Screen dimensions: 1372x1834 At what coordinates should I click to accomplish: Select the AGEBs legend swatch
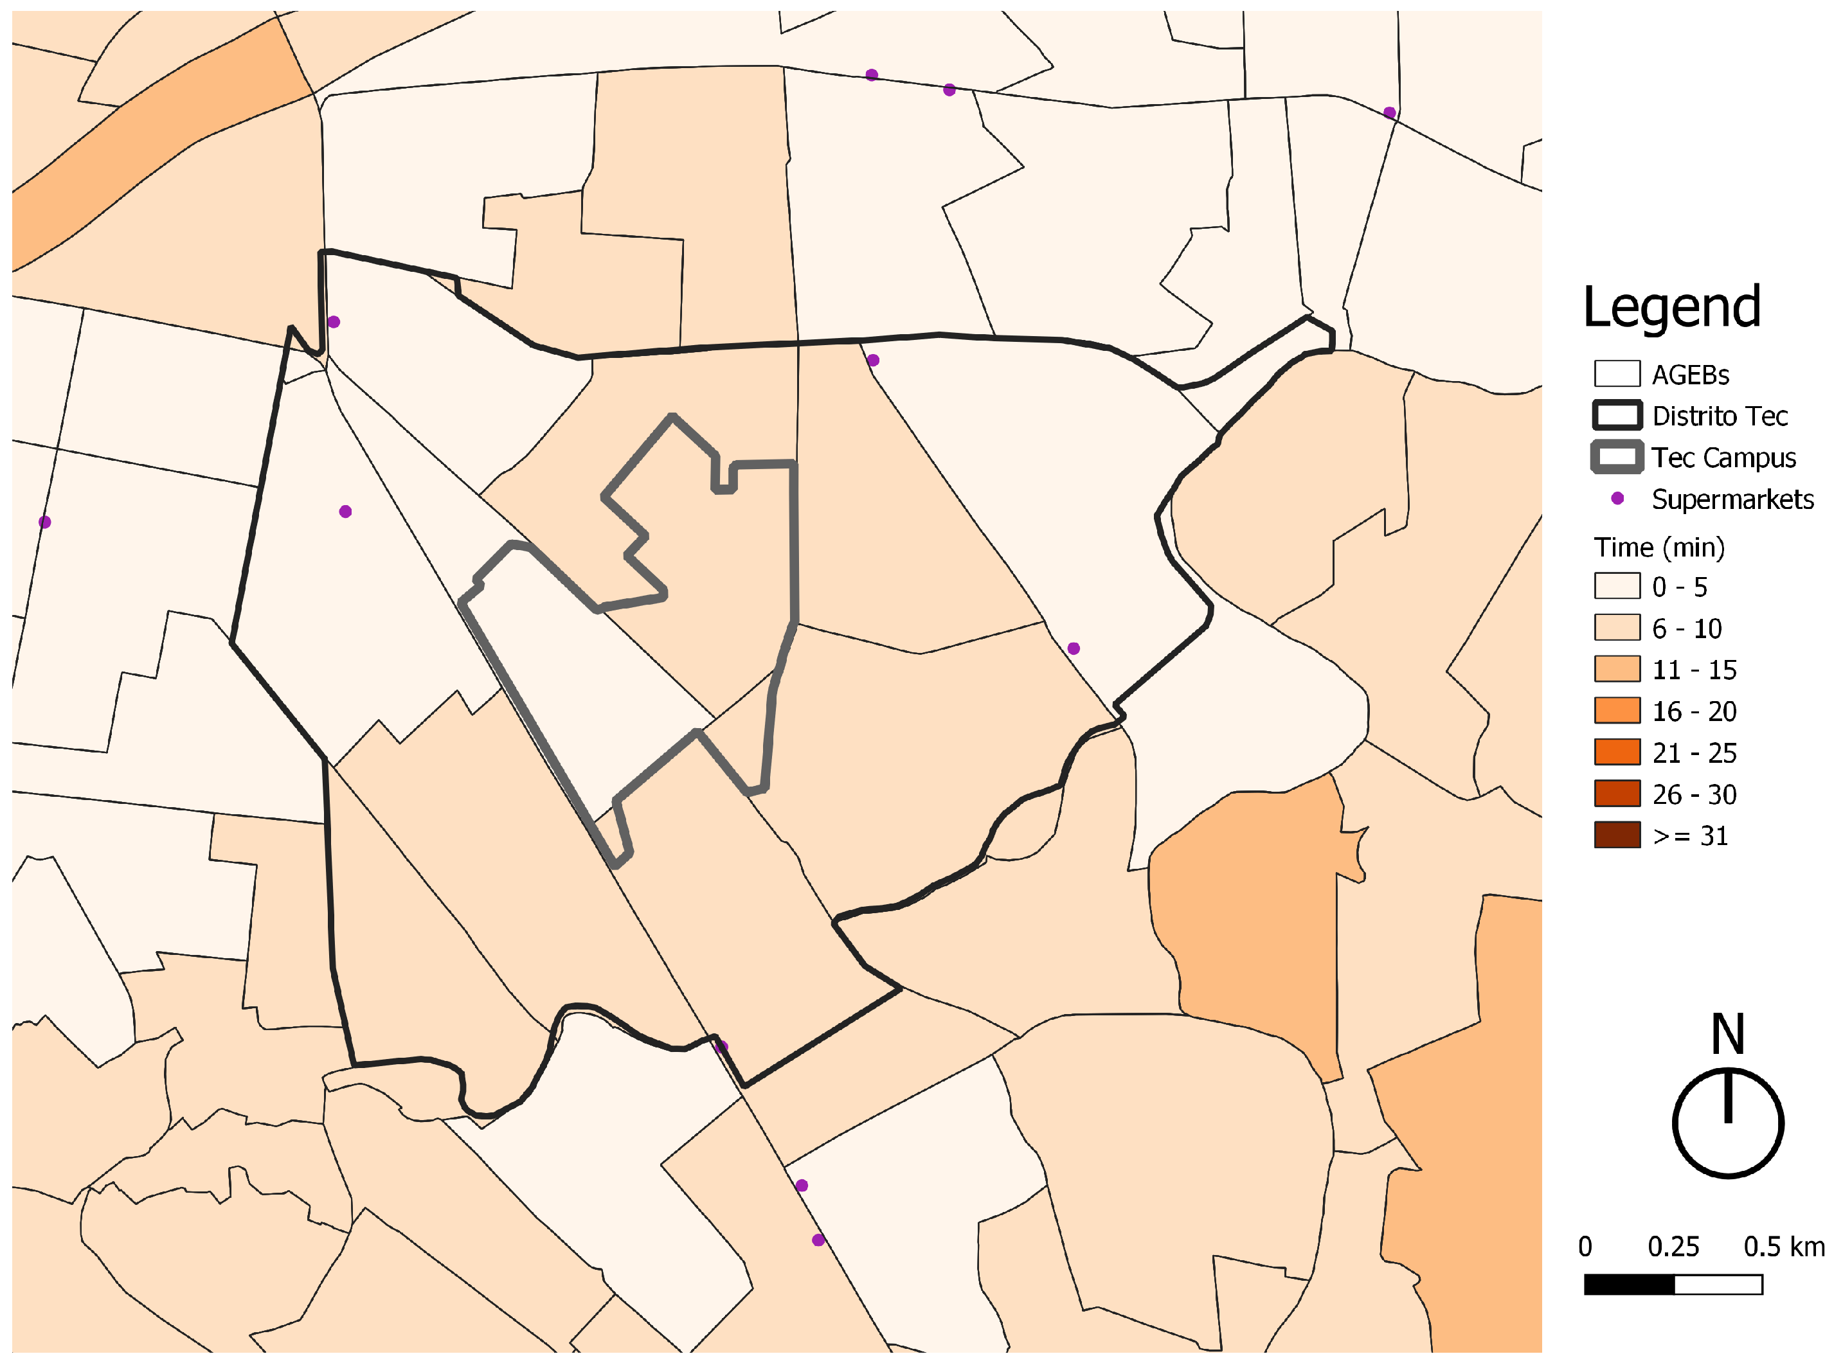click(x=1616, y=374)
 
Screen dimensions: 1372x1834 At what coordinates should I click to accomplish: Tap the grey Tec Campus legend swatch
click(x=1616, y=457)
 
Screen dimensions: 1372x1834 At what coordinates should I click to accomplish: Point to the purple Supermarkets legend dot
click(x=1617, y=498)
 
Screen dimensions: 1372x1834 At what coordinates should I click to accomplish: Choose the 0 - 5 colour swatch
click(x=1616, y=586)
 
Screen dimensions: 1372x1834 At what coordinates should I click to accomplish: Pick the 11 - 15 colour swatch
click(x=1616, y=669)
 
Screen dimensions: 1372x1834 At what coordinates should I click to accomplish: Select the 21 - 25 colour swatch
click(x=1616, y=752)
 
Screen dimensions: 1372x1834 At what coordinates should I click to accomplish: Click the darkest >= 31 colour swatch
click(x=1616, y=835)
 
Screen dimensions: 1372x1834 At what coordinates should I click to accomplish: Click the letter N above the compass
click(x=1728, y=1034)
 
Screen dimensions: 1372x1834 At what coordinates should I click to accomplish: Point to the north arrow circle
click(x=1728, y=1123)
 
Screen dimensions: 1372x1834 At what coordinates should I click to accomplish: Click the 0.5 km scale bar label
click(x=1783, y=1247)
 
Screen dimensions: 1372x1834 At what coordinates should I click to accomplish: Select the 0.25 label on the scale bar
click(x=1673, y=1247)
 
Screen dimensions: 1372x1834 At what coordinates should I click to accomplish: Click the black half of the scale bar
click(x=1629, y=1285)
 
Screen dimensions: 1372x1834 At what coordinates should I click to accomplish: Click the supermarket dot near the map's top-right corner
click(x=1390, y=112)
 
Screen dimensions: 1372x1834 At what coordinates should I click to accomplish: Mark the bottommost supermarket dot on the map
click(x=818, y=1240)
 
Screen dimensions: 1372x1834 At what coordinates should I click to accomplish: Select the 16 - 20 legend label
click(x=1694, y=711)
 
